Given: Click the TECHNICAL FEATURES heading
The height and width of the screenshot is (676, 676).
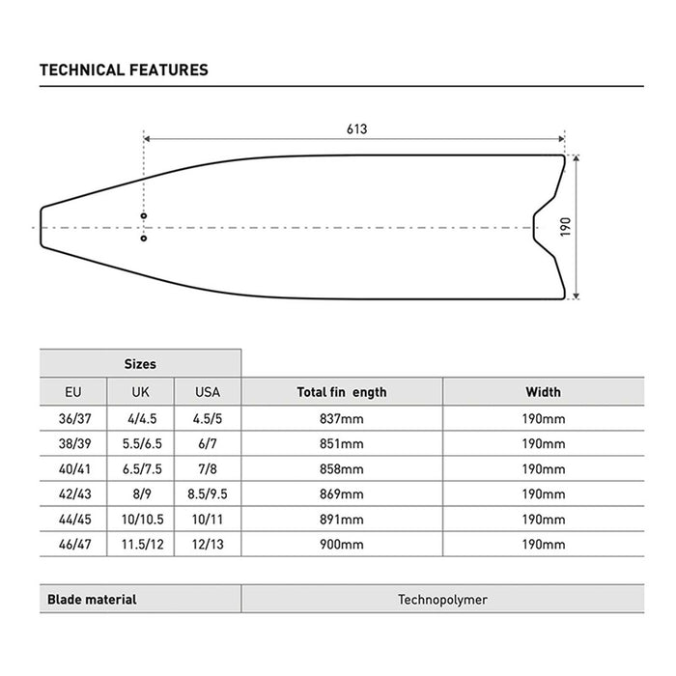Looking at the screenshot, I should point(124,70).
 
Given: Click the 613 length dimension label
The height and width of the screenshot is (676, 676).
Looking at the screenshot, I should point(356,128).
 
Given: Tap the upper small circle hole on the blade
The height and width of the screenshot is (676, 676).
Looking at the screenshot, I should point(143,215).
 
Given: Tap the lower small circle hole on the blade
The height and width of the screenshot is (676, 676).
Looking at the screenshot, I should point(143,238).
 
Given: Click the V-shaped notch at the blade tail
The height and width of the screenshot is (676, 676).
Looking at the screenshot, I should point(536,227).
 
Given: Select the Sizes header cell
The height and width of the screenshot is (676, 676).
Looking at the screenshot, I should point(140,364).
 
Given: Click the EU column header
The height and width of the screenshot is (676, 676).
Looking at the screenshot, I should point(72,392).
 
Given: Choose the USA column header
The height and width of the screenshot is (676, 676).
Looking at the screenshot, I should point(208,392).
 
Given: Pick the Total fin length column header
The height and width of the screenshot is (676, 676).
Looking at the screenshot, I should point(341,392).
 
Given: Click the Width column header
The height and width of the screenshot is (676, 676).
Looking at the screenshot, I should point(543,392).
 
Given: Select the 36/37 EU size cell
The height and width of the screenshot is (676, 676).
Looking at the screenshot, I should point(72,418).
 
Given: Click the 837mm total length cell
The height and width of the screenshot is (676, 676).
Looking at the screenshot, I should point(341,418).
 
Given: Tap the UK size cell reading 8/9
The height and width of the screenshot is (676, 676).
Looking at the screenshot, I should point(140,493).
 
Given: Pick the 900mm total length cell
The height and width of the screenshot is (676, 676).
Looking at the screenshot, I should point(341,544).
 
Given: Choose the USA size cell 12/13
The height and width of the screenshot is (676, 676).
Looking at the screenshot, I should point(208,544).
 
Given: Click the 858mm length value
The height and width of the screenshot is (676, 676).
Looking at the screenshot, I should point(341,468).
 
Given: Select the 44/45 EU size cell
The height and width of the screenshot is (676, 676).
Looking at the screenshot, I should point(72,519).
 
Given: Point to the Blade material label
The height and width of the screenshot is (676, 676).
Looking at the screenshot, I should point(92,599).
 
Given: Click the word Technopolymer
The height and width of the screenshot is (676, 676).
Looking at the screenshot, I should point(442,599).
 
